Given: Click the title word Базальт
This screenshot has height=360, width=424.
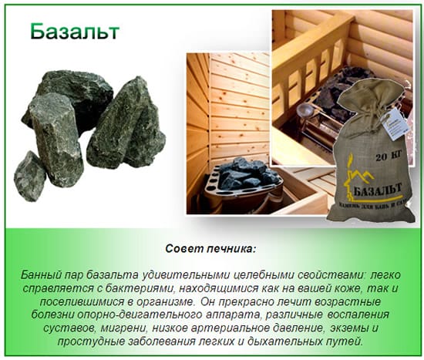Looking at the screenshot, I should (74, 32).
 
